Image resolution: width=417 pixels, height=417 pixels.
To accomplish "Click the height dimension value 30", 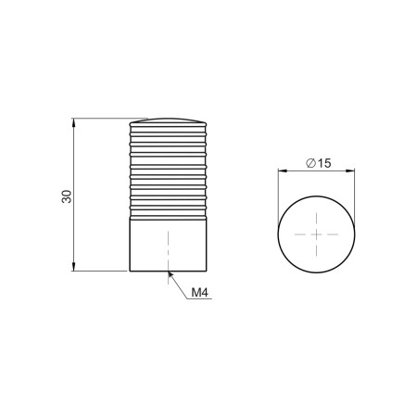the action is click(67, 196).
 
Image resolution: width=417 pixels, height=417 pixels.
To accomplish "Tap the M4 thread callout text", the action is click(199, 292).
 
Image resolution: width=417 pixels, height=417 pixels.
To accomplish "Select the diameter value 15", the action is click(323, 163).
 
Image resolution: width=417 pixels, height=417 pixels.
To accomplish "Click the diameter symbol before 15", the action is click(310, 163).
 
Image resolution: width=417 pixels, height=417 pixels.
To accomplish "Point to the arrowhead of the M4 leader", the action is click(171, 274).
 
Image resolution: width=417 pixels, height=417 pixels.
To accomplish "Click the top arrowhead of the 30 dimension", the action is click(73, 122).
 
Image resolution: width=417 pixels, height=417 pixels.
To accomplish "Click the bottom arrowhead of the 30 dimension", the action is click(73, 267).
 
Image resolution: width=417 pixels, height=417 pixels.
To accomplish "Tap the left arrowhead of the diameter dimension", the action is click(283, 171).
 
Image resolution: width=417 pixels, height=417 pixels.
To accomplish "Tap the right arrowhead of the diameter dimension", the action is click(350, 171).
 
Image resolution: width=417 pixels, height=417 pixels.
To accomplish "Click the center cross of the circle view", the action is click(316, 234).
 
